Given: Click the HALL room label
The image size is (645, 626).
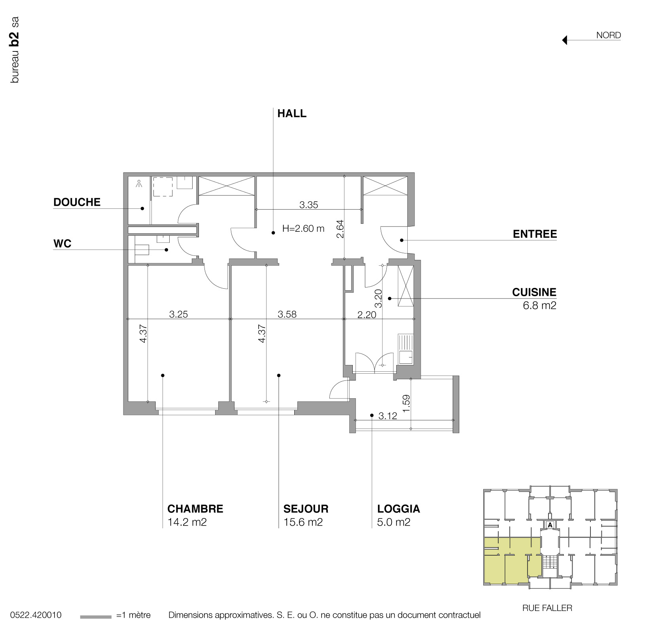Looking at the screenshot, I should [x=292, y=113].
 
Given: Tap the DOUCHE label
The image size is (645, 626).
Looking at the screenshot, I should [x=77, y=202].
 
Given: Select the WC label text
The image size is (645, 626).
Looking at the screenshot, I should [x=62, y=244].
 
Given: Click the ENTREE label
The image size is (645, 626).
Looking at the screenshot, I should [x=535, y=234].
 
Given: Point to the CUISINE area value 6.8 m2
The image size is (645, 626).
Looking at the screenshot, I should [x=539, y=305].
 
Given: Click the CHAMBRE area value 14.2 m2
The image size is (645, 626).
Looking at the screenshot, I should [x=187, y=522].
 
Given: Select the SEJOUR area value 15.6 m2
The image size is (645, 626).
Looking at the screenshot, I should [x=303, y=522].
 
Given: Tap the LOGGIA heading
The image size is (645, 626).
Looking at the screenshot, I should [x=398, y=509].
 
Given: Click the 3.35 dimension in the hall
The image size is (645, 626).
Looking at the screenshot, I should [x=308, y=205].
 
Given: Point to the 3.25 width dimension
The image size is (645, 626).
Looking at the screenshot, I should [x=178, y=314].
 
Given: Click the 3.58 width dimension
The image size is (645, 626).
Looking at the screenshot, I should [x=287, y=314].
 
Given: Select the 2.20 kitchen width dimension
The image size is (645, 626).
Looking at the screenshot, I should [x=367, y=315].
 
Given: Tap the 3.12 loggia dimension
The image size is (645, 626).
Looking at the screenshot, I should [x=388, y=416].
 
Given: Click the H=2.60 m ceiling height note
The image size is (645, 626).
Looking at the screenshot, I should [x=303, y=228].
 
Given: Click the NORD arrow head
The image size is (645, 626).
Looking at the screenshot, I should [x=565, y=40].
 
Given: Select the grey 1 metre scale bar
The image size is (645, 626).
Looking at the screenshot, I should [x=96, y=617].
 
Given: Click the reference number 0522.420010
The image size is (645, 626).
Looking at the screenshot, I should [x=36, y=615].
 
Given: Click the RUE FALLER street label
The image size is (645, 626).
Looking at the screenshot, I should [x=547, y=608].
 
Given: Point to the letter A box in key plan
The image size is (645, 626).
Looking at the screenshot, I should [x=550, y=525].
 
